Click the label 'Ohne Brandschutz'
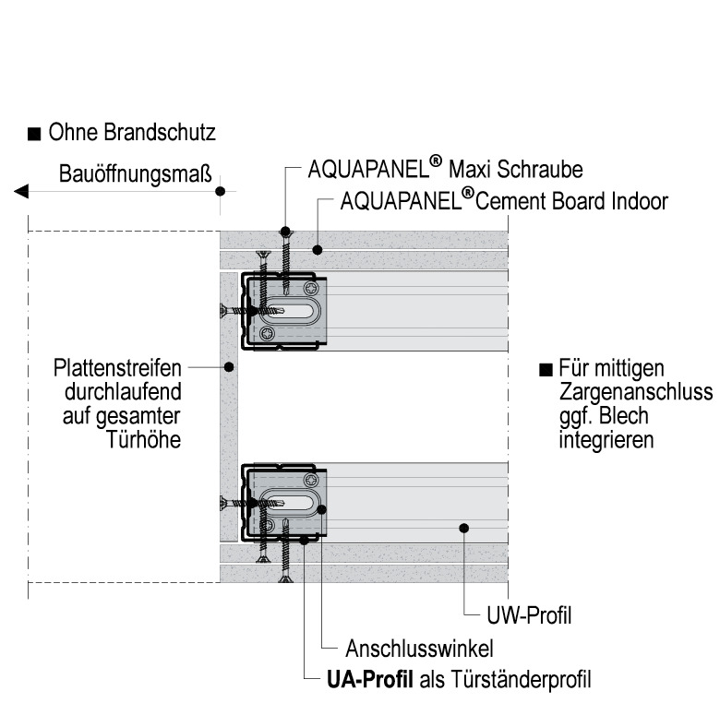tap(132, 133)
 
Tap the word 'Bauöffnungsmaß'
tap(136, 173)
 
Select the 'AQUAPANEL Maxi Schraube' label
tap(446, 170)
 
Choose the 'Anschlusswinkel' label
tap(418, 647)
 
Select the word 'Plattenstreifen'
tap(117, 367)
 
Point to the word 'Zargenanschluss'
tap(636, 392)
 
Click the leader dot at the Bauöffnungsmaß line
tap(220, 191)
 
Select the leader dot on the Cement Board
tap(316, 249)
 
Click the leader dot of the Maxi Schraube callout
tap(285, 231)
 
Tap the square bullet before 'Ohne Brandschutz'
tap(33, 135)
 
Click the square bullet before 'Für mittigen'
tap(546, 369)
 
